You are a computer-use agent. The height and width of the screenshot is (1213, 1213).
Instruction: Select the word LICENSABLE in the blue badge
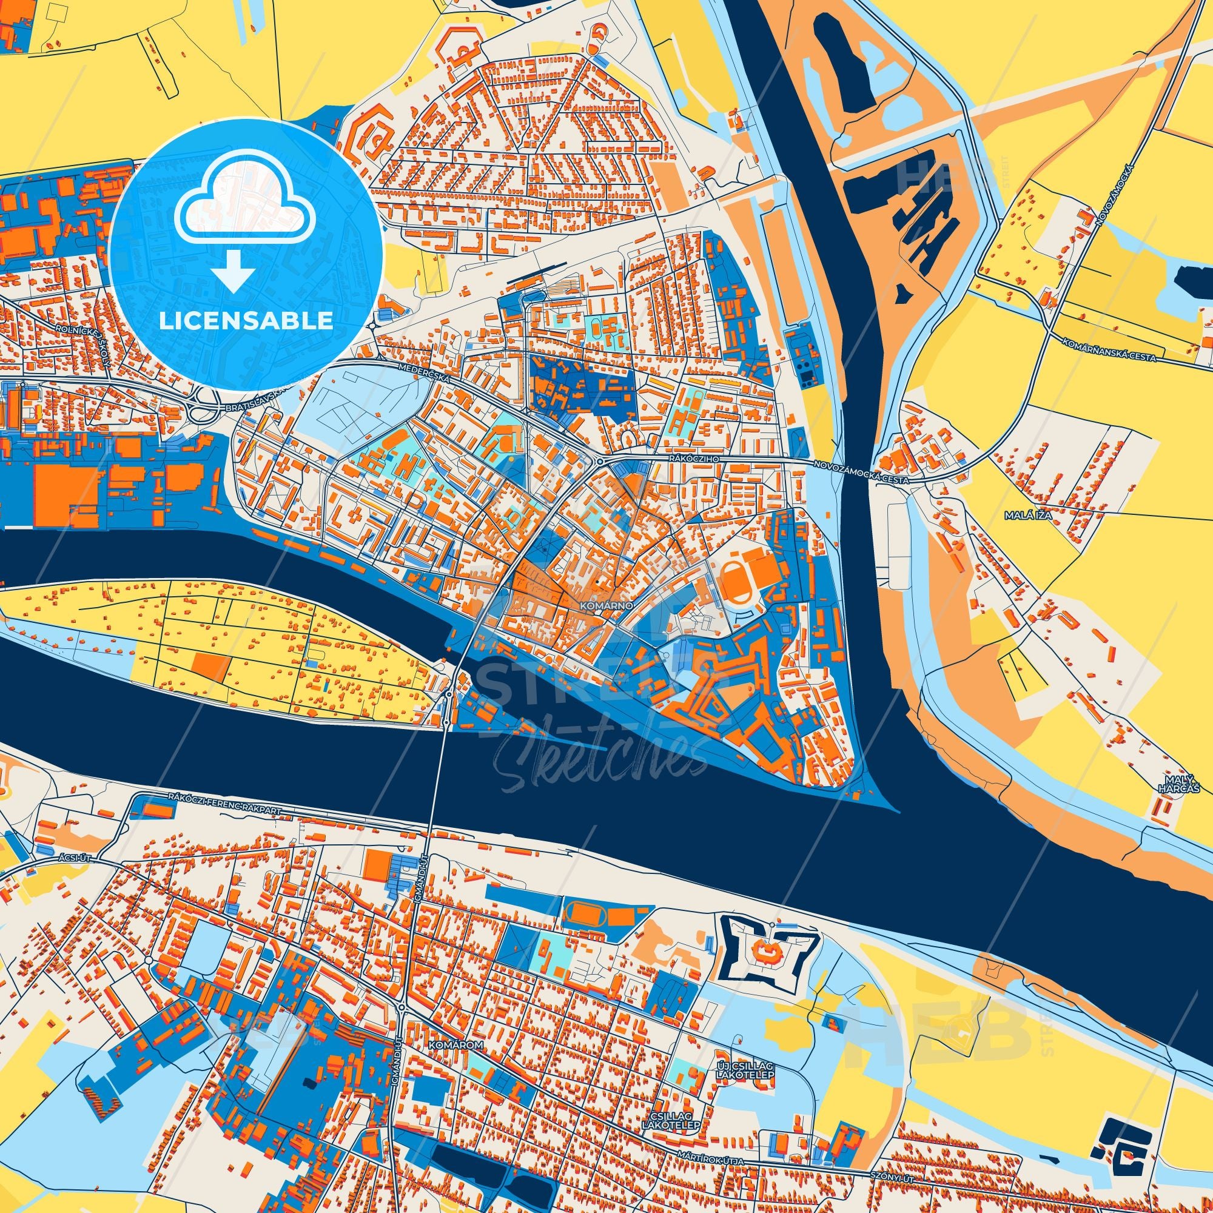coord(246,321)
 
